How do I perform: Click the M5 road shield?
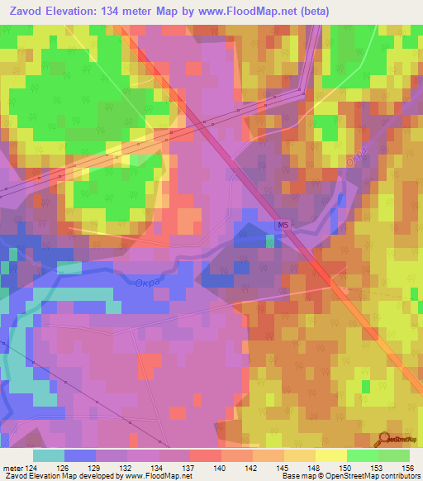coord(283,225)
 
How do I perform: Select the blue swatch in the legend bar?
coord(80,455)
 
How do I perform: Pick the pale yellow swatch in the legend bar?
coord(330,455)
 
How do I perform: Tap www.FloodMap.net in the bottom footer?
coord(155,477)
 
